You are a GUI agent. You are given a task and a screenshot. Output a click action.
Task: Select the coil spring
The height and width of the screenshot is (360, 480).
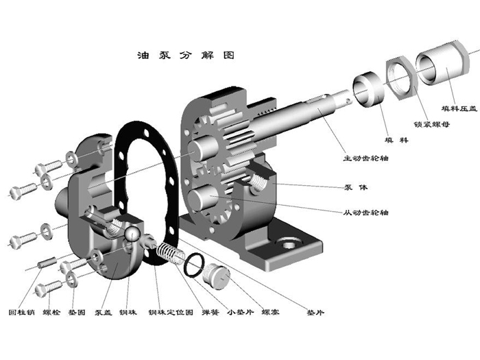(169, 254)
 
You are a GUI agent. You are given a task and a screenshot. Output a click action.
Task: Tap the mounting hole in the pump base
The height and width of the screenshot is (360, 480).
(285, 244)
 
